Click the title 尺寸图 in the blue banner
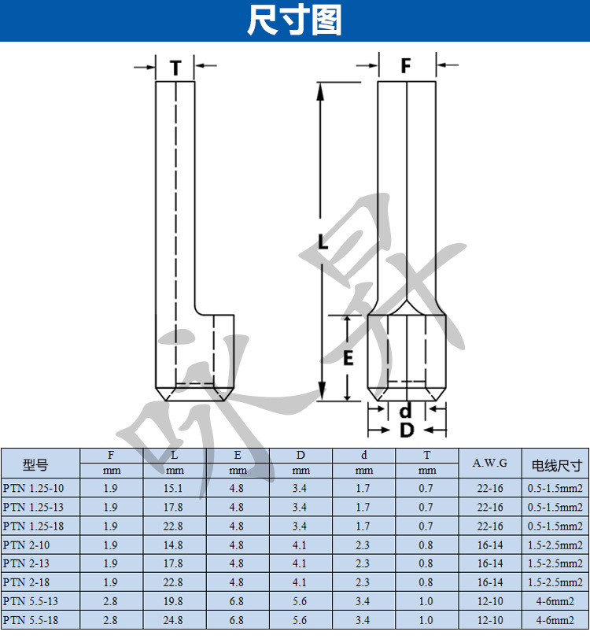[x=294, y=20]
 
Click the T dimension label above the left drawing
[x=175, y=68]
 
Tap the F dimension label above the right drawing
[x=406, y=65]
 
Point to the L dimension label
[x=323, y=242]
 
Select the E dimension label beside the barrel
[x=348, y=358]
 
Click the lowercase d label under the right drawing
[x=405, y=410]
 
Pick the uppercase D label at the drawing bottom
[x=407, y=430]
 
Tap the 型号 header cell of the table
[x=35, y=464]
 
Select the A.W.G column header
[x=490, y=463]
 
